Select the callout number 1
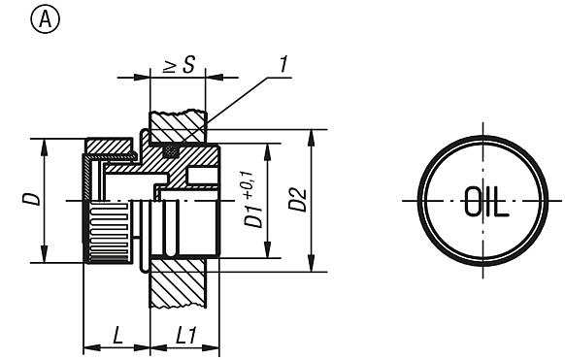[x=282, y=65]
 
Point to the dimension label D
[x=31, y=199]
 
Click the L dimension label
[x=116, y=336]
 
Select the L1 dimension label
[x=186, y=336]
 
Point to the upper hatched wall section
[x=178, y=127]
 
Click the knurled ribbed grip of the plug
[x=109, y=232]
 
